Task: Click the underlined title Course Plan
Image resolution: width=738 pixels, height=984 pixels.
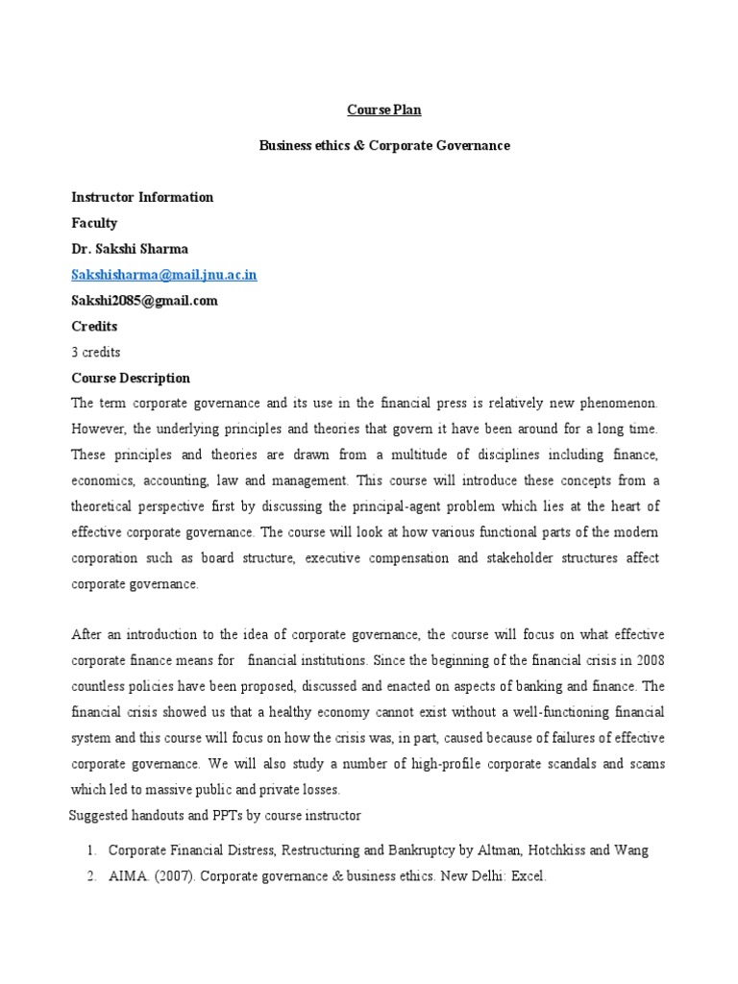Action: (383, 110)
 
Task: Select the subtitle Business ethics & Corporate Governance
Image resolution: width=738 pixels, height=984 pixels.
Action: (384, 145)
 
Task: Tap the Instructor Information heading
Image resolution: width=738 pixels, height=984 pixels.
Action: (142, 197)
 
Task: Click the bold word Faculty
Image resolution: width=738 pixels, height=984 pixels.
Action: (94, 223)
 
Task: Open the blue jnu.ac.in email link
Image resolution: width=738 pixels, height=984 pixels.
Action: (164, 275)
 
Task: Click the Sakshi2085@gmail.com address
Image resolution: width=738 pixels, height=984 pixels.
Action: (144, 301)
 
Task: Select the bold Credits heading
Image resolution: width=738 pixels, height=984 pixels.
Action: (94, 327)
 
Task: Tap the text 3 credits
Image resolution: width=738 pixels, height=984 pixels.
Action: (96, 352)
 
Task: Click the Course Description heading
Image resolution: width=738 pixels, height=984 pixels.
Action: (131, 378)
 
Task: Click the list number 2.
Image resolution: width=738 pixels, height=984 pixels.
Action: (89, 876)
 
